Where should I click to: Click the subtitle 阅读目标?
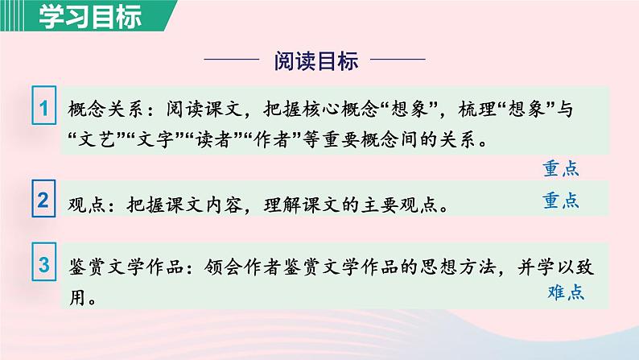coord(315,61)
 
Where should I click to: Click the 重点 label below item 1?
coord(560,168)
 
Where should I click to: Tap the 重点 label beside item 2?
coord(560,201)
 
